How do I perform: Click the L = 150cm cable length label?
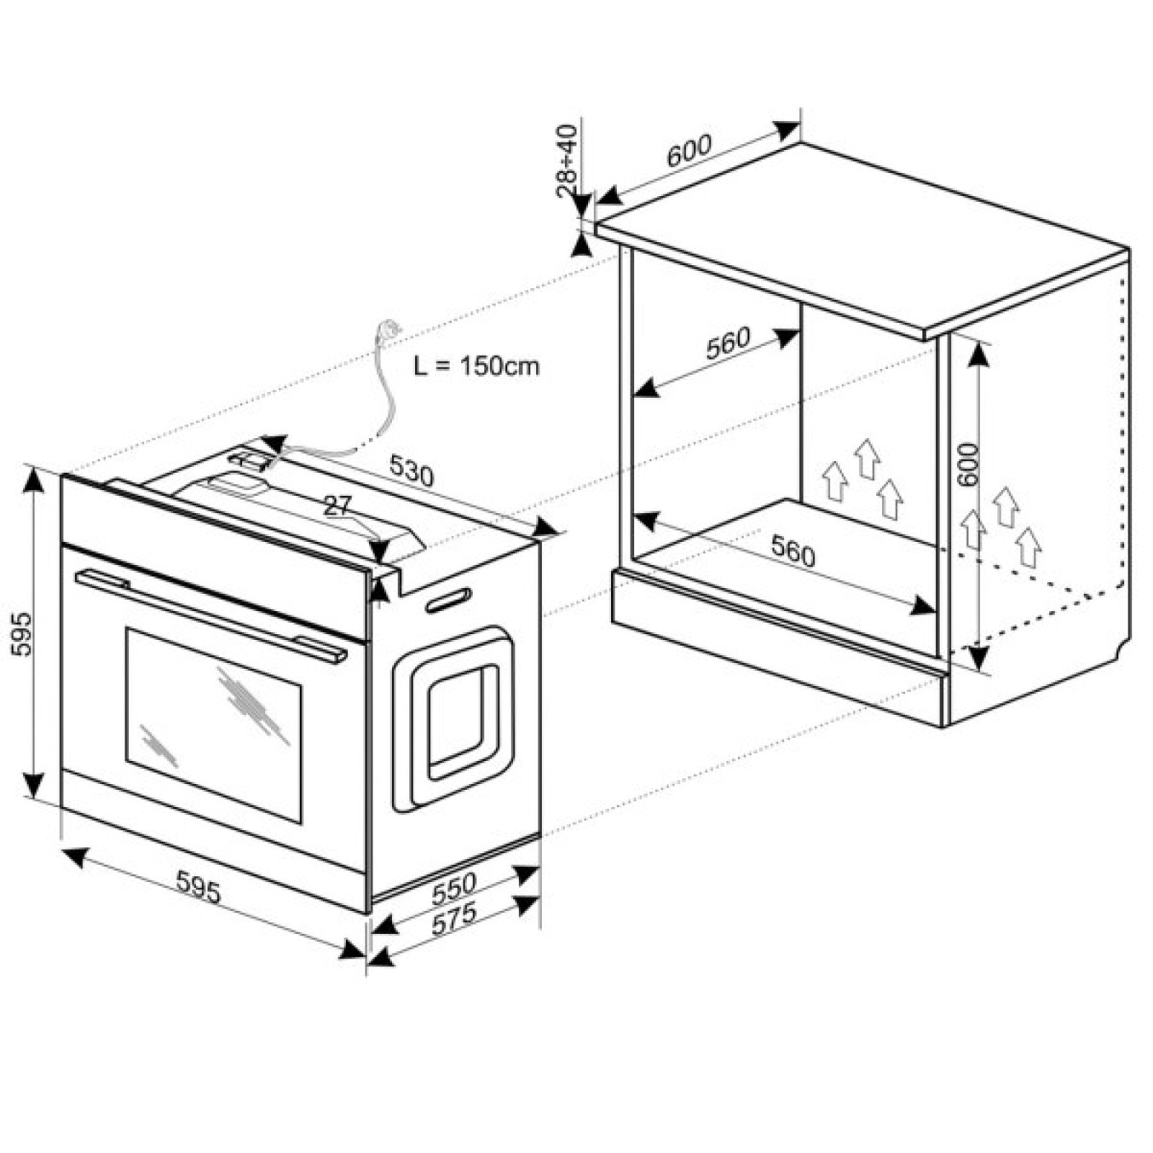click(476, 365)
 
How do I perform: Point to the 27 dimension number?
click(337, 505)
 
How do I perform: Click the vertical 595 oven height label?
click(22, 634)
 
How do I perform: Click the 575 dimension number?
click(454, 920)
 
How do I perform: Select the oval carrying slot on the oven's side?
click(448, 600)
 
